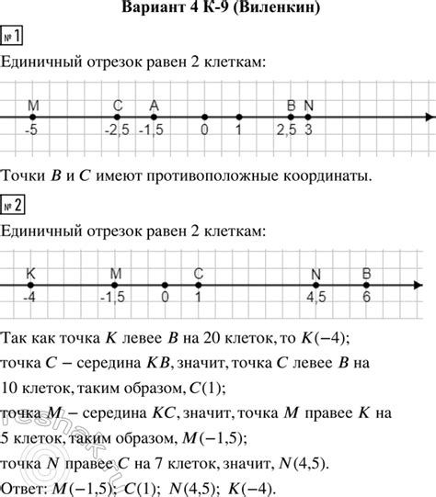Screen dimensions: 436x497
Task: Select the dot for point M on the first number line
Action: (32, 118)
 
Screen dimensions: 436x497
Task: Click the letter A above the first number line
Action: (153, 104)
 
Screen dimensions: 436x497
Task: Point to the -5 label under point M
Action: (31, 133)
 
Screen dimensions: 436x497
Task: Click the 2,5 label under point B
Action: (286, 133)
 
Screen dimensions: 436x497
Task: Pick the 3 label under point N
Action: (308, 133)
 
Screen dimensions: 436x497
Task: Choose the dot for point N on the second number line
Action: (316, 285)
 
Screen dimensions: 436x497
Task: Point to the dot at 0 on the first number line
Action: (204, 118)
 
